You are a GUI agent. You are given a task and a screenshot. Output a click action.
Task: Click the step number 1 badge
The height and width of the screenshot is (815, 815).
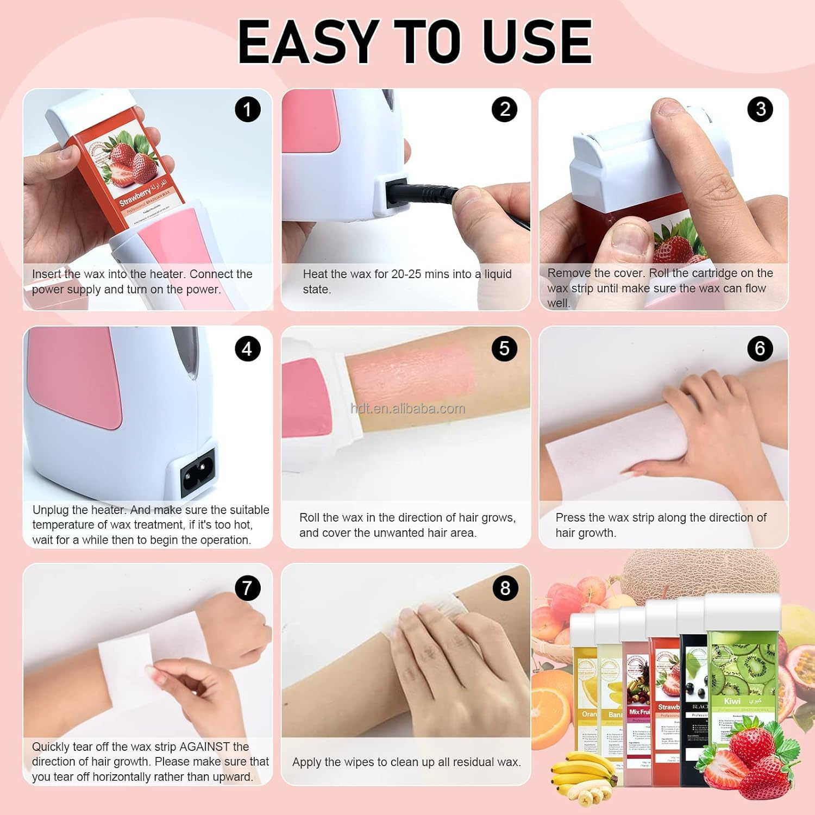point(247,109)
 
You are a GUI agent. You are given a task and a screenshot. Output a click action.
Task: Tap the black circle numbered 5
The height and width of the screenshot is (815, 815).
point(504,348)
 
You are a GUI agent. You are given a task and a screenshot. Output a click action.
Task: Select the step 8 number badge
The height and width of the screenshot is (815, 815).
point(505,588)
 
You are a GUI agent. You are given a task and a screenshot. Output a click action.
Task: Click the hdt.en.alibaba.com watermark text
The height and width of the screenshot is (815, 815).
point(407,409)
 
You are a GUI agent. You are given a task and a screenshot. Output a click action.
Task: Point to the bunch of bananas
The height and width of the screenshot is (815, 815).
point(584,772)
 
